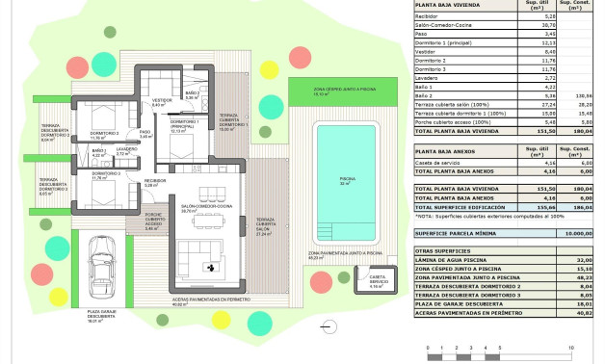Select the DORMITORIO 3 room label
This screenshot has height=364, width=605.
pos(100,175)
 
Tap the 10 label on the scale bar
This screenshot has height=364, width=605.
pos(571,346)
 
